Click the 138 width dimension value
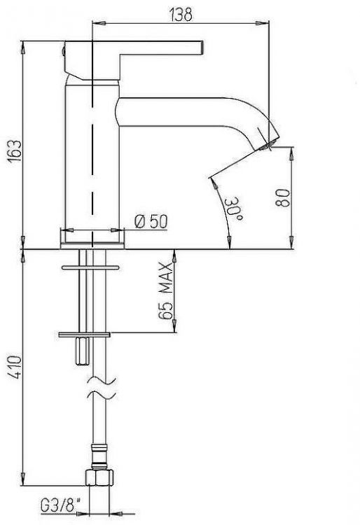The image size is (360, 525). click(x=181, y=15)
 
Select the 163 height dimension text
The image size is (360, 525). click(x=15, y=151)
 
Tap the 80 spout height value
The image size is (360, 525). click(x=283, y=198)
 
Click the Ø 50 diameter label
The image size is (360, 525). click(x=151, y=221)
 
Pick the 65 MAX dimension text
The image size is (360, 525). click(x=165, y=290)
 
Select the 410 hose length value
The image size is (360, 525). click(x=15, y=367)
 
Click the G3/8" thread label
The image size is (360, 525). click(x=61, y=505)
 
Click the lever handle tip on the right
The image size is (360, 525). click(x=201, y=47)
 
